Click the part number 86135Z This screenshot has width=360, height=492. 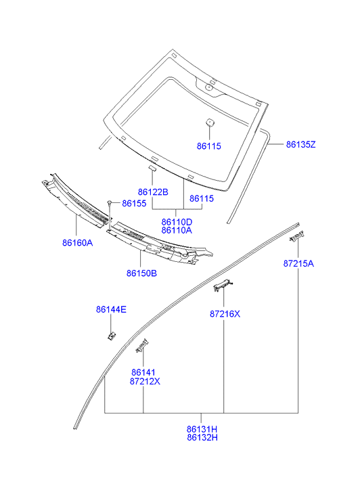click(x=300, y=145)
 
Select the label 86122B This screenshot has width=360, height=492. click(x=153, y=192)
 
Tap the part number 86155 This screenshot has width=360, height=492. click(x=134, y=203)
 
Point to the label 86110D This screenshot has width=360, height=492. click(x=177, y=222)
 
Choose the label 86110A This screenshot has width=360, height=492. click(x=177, y=230)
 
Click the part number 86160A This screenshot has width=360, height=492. click(x=78, y=243)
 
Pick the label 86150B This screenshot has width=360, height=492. click(x=141, y=273)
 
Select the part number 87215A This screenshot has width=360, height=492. click(x=298, y=263)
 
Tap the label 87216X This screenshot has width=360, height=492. click(x=225, y=314)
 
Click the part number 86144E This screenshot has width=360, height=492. click(x=111, y=310)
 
